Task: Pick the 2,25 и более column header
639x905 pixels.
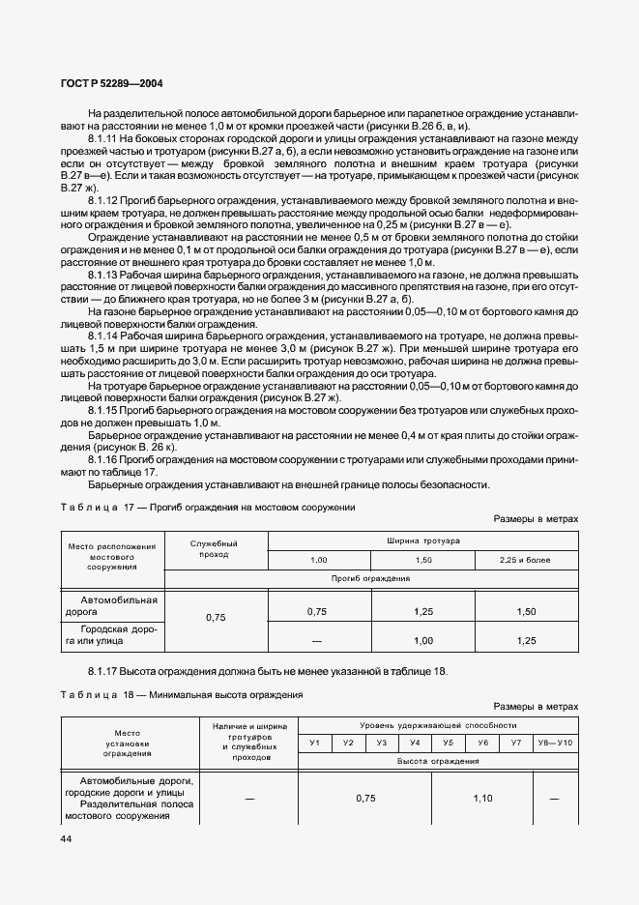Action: pyautogui.click(x=526, y=560)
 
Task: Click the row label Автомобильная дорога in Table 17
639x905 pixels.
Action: pyautogui.click(x=115, y=605)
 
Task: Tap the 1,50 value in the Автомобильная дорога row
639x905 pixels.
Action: pyautogui.click(x=526, y=611)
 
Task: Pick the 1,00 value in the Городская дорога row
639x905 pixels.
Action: pyautogui.click(x=423, y=640)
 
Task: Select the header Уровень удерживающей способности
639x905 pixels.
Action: pyautogui.click(x=438, y=724)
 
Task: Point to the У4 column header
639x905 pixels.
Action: pyautogui.click(x=415, y=743)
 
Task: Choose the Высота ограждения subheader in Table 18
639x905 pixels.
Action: pyautogui.click(x=438, y=761)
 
